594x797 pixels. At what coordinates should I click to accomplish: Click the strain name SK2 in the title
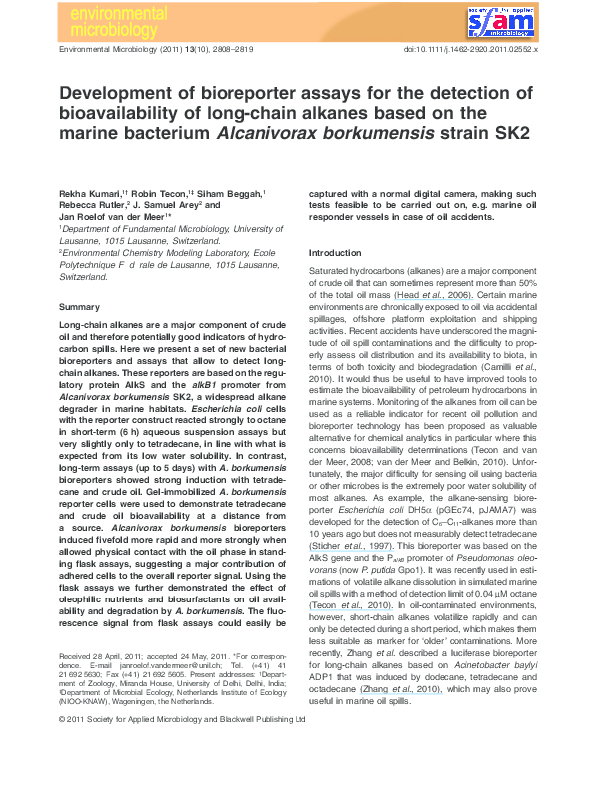pyautogui.click(x=511, y=134)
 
